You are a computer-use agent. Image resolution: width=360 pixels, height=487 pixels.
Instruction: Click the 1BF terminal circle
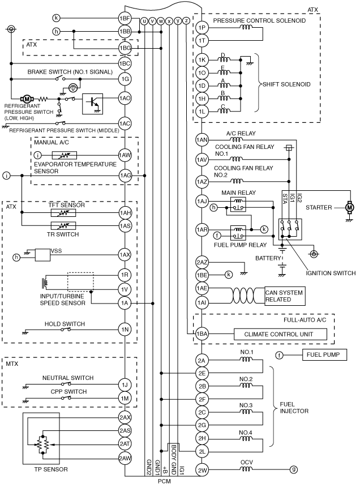[x=125, y=18]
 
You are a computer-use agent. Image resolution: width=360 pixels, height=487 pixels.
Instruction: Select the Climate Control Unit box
[x=280, y=334]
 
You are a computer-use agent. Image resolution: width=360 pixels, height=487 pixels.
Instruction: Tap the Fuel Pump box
[x=324, y=354]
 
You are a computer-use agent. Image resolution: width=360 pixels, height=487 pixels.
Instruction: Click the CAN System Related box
[x=285, y=296]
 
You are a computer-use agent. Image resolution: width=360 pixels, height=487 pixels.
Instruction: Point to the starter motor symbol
[x=350, y=207]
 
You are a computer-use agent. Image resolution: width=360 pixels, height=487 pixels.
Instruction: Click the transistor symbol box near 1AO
[x=92, y=104]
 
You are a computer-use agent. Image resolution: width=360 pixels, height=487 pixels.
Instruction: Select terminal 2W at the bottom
[x=202, y=470]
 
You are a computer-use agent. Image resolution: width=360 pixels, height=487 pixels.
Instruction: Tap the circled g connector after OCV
[x=293, y=469]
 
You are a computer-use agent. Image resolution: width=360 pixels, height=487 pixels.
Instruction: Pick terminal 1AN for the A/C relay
[x=202, y=140]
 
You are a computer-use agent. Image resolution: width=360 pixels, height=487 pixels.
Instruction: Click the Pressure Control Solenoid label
[x=259, y=20]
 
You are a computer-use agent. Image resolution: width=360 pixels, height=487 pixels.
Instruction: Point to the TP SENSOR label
[x=51, y=469]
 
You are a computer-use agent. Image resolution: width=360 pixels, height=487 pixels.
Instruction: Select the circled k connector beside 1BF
[x=56, y=18]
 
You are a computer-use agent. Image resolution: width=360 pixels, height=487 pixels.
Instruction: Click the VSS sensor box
[x=43, y=255]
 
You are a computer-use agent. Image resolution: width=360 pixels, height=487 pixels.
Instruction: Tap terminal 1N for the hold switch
[x=125, y=329]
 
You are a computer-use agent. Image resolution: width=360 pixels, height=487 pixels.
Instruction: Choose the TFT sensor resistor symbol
[x=63, y=213]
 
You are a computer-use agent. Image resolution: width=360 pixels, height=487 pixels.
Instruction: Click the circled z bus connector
[x=186, y=21]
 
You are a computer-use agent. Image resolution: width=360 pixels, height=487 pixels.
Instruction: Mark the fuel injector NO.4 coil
[x=246, y=438]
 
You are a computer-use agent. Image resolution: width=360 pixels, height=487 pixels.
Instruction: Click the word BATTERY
[x=268, y=258]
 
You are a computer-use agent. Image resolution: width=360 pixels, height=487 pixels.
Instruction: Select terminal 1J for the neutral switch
[x=125, y=385]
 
